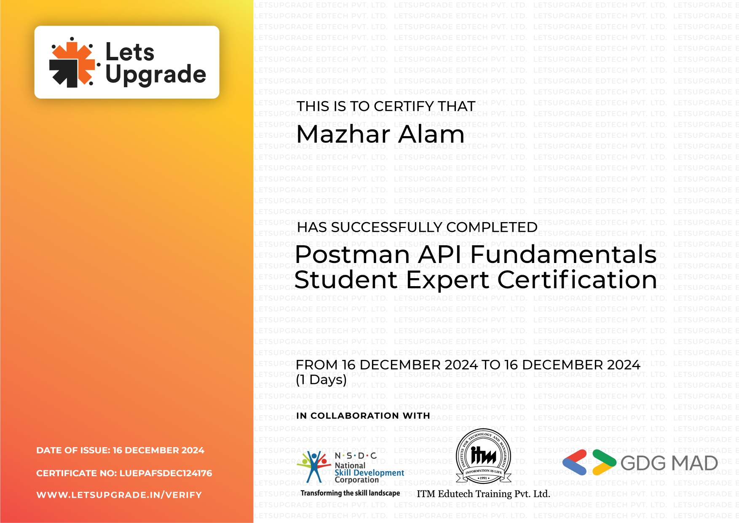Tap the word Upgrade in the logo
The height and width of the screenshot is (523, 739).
155,75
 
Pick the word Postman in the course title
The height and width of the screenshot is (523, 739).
352,255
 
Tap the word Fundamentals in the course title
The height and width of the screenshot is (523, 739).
563,255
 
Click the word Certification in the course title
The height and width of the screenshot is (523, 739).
577,279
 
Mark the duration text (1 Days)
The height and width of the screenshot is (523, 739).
321,380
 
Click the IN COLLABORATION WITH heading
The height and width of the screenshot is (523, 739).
363,416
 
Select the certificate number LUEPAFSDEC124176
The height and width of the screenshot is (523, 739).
166,473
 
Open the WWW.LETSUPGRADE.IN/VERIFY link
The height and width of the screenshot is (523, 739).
119,495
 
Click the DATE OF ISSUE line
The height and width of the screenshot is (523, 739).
120,451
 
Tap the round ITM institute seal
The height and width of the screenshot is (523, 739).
483,456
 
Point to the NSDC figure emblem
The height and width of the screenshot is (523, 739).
313,466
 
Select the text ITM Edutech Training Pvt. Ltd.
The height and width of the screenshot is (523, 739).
483,494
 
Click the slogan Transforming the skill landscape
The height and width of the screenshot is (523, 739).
350,493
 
